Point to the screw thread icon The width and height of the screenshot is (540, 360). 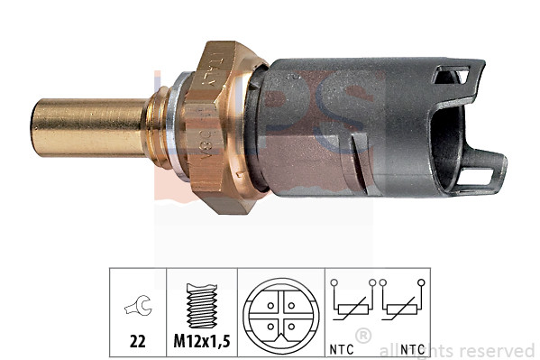click(201, 307)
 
